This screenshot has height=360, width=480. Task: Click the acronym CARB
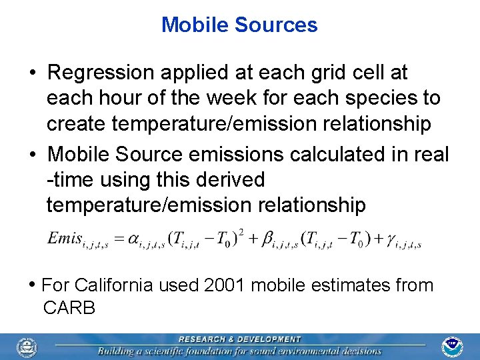[x=69, y=308]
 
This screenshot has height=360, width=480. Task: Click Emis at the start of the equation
[x=63, y=238]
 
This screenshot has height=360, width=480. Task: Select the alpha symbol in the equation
[x=132, y=238]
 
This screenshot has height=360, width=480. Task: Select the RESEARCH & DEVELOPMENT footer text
[x=239, y=339]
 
